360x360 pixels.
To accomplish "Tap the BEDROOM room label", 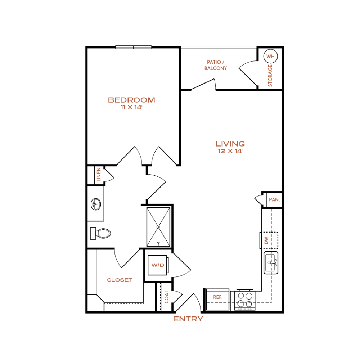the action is [131, 100].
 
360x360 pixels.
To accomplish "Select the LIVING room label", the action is [230, 144].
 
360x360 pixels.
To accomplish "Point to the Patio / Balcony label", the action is [216, 65].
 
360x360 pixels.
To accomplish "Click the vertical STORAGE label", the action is [270, 76].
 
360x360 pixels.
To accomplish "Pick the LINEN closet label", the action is [99, 175].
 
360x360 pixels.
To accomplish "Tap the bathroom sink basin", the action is [96, 204].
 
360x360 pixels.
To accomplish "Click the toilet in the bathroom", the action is [100, 234].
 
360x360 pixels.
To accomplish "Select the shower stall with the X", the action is [158, 227].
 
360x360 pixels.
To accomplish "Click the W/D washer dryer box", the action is [158, 265].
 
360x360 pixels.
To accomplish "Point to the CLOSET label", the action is [120, 280].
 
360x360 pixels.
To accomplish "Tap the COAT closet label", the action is [167, 297].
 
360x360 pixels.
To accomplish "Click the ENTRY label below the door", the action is [188, 319].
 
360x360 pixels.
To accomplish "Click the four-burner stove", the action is [245, 300].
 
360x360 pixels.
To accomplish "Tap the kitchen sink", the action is [271, 263].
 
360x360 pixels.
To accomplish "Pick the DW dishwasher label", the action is [266, 240].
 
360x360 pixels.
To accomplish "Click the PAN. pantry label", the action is [274, 200].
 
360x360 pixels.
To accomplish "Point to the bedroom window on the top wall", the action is [134, 47].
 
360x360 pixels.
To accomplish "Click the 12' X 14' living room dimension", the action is [230, 151].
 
